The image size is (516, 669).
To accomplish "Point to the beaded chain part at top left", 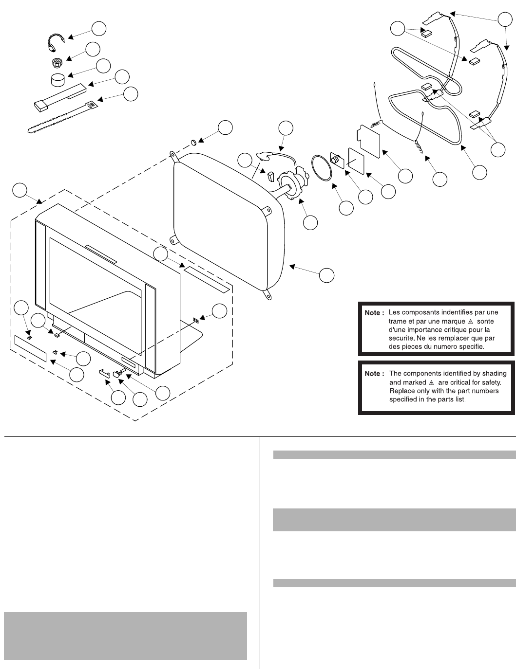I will point(55,42).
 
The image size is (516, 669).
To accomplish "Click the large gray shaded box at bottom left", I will point(125,635).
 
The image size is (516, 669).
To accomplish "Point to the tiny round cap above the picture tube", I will point(192,143).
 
